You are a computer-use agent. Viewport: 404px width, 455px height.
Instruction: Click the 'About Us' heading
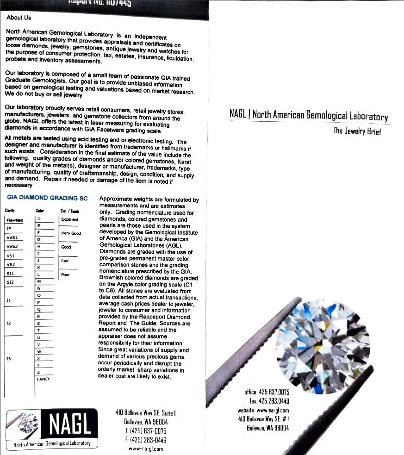[x=19, y=18]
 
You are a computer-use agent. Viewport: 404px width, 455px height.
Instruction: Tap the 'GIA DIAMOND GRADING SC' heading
[x=47, y=198]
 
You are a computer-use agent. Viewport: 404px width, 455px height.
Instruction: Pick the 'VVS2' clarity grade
[x=12, y=247]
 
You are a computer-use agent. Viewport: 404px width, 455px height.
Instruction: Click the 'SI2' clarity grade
[x=11, y=282]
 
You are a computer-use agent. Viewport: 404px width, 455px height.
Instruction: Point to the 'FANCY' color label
[x=43, y=379]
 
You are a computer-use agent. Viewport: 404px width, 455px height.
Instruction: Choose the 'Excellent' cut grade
[x=70, y=219]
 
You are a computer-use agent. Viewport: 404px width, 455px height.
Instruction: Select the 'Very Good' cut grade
[x=71, y=233]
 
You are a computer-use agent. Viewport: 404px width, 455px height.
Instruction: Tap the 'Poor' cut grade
[x=65, y=274]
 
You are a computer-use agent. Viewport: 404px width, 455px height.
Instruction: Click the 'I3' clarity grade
[x=9, y=359]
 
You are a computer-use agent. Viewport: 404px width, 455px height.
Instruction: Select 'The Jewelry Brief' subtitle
[x=357, y=131]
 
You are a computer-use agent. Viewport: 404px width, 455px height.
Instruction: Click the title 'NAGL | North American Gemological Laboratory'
[x=309, y=115]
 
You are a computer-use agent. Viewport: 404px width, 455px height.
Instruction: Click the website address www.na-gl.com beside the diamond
[x=263, y=410]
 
